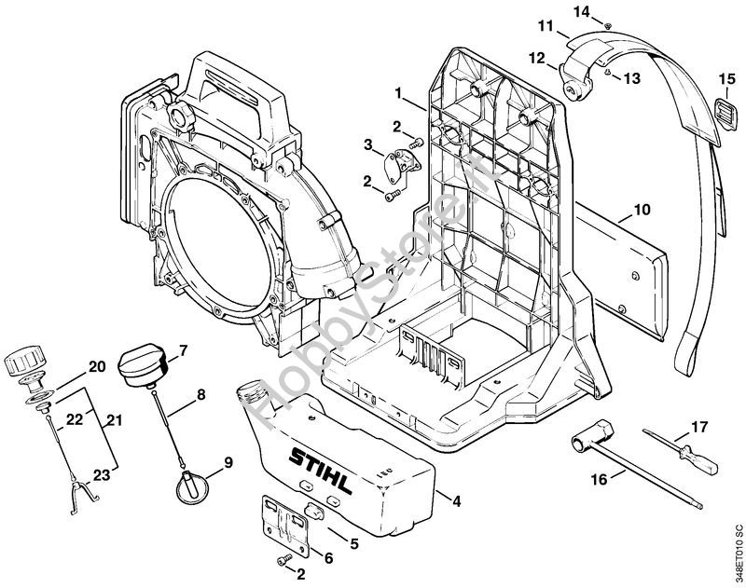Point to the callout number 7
click(183, 350)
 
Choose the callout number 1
click(398, 94)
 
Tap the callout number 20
click(96, 366)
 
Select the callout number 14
click(606, 10)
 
